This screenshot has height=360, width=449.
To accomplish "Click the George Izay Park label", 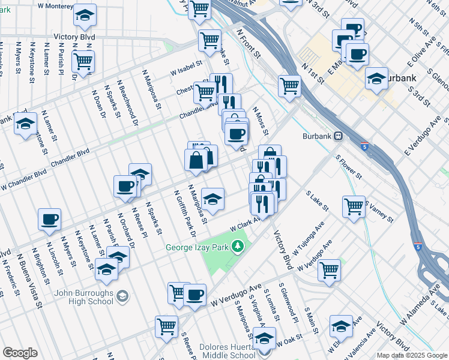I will pyautogui.click(x=199, y=246).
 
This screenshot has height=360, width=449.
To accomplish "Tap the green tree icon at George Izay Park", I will pyautogui.click(x=238, y=246).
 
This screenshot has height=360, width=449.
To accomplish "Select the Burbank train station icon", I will pyautogui.click(x=339, y=136).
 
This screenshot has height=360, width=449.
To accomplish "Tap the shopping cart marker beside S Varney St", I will pyautogui.click(x=354, y=206).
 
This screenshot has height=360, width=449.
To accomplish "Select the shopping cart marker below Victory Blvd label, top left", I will pyautogui.click(x=83, y=60).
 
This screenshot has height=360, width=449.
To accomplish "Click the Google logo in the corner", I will pyautogui.click(x=20, y=353).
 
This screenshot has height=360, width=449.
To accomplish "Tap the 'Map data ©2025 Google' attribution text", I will pyautogui.click(x=411, y=355).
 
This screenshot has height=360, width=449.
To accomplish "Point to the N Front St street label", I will pyautogui.click(x=249, y=46).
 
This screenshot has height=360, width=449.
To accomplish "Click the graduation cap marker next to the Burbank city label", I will pyautogui.click(x=376, y=79).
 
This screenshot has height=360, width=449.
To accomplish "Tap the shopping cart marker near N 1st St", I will pyautogui.click(x=290, y=86).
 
